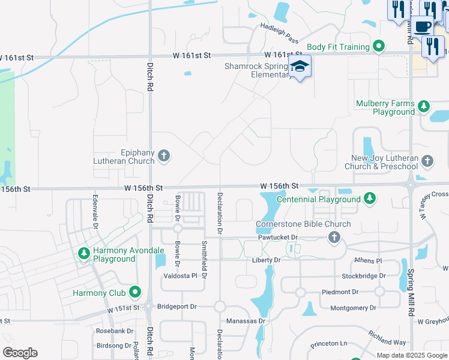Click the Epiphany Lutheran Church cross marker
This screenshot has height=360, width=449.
163,157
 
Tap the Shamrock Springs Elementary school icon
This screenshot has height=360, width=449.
300,67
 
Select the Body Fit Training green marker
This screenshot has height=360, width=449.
378,46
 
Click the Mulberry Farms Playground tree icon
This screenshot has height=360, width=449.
424,107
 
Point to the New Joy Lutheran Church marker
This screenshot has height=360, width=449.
427,161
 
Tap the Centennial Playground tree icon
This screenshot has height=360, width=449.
370,199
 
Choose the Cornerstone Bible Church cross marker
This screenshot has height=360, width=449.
334,238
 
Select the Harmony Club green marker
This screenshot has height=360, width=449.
135,293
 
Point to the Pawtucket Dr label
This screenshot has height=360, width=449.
279,238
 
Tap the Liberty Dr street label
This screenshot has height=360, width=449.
266,260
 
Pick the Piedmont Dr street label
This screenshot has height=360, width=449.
340,292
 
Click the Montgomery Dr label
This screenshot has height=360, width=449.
353,308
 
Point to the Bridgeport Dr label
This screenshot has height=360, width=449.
176,307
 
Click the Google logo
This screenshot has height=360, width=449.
20,353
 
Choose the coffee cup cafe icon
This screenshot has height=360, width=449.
423,27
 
